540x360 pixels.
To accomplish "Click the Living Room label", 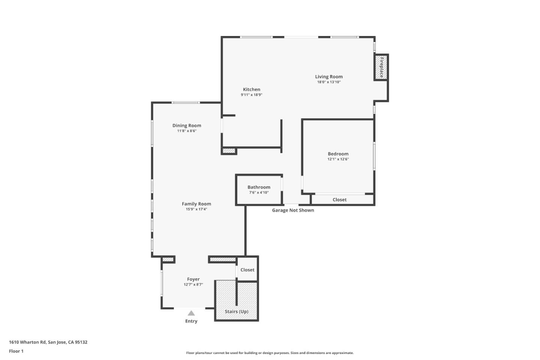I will tap(328, 76).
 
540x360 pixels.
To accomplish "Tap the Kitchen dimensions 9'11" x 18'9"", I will tap(251, 95).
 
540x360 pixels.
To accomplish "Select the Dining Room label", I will tap(187, 126).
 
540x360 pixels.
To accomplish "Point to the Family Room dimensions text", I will tap(196, 209).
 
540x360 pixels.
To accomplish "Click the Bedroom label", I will tap(338, 154).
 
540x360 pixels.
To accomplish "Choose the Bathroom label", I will tap(259, 187).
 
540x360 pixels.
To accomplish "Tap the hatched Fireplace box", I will tap(381, 67).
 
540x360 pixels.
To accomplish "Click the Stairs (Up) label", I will tap(236, 312).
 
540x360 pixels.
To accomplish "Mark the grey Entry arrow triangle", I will tap(191, 313).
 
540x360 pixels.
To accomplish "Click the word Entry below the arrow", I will tap(191, 321).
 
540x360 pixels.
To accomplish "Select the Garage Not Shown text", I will tap(293, 210).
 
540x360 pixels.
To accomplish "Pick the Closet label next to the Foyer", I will tap(247, 270).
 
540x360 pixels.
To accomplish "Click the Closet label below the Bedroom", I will tap(339, 199).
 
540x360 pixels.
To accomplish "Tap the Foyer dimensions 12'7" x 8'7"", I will tap(193, 285).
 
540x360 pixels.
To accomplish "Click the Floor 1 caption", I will tap(16, 351).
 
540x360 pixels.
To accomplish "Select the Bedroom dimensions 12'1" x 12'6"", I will tap(338, 159).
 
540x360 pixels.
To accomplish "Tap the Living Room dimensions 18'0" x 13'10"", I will tap(328, 82).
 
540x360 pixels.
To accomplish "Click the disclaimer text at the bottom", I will tap(270, 353).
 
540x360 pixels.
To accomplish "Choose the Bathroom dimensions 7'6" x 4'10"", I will tap(259, 193).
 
